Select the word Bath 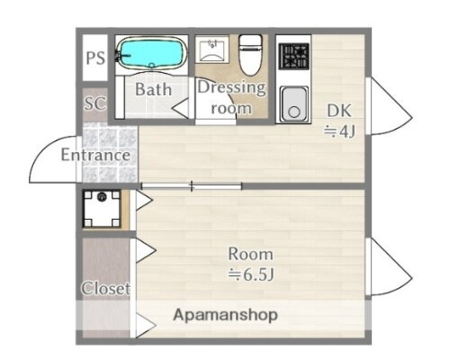coord(153,89)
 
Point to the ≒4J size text coord(340,133)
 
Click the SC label coord(94,103)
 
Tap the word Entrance coord(95,155)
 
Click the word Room coord(249,253)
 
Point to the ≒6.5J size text coord(249,274)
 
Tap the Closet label coord(106,289)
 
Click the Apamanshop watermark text coord(225,315)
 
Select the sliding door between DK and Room coord(191,186)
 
